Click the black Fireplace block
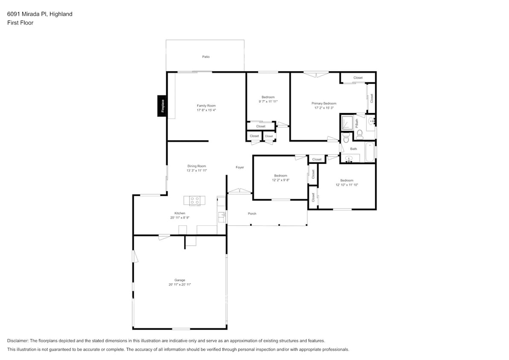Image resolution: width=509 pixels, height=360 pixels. point(162,105)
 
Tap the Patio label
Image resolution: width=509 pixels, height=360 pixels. point(206,57)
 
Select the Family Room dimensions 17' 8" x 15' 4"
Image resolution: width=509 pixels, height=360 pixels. point(206,110)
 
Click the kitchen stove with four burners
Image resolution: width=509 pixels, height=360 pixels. point(195,200)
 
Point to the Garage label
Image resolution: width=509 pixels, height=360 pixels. point(179,280)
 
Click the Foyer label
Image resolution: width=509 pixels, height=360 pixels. point(240,167)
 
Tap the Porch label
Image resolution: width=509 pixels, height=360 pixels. point(252,213)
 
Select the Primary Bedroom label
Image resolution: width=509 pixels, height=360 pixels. point(324,103)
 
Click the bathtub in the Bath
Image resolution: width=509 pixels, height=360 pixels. point(369,152)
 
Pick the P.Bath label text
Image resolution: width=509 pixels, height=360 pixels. point(357,123)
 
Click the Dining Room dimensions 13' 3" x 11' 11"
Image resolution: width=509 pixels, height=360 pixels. point(196,171)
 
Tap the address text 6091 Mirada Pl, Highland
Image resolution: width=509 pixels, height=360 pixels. point(40,14)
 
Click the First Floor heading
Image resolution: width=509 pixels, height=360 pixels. point(20,23)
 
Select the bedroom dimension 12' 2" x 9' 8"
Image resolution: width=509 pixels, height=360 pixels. point(280,180)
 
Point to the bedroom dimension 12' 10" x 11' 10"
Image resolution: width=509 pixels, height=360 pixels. point(346,185)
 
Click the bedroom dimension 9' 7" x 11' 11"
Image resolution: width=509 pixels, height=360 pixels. point(268,102)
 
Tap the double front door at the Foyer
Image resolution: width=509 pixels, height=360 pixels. point(239,191)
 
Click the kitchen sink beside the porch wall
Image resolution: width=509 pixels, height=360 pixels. point(221,217)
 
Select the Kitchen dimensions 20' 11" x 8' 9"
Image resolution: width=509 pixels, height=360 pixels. point(179,218)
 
